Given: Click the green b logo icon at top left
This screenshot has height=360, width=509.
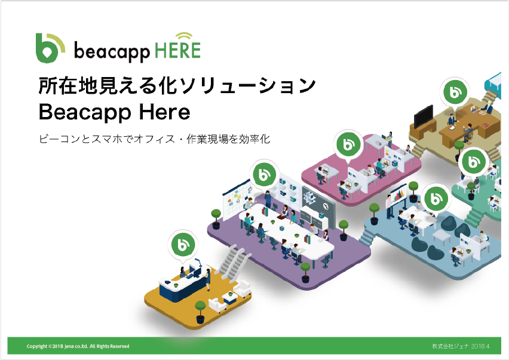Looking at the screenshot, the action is [50, 48].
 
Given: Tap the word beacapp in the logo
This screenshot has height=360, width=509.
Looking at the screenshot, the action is [112, 51].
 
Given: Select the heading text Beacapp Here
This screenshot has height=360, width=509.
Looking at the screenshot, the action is [114, 112].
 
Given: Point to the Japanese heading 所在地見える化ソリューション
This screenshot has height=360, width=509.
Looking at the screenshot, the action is [177, 85].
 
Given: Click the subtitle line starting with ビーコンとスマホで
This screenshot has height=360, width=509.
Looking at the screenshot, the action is [154, 139].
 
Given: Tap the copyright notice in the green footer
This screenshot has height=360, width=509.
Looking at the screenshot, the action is [78, 346].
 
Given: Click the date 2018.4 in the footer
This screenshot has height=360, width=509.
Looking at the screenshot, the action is [480, 346].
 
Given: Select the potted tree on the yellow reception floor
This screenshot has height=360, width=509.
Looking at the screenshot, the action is [200, 312].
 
